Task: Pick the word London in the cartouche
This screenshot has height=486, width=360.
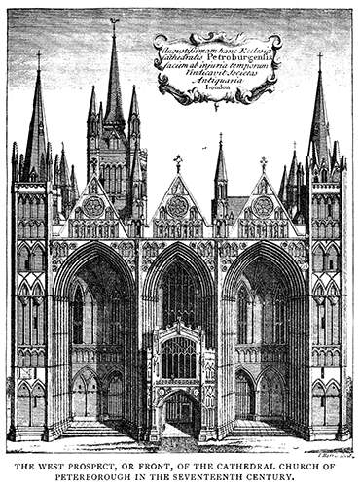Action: point(217,87)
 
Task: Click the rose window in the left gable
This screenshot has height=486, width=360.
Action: point(93,206)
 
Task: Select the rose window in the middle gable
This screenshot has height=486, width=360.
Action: point(178,206)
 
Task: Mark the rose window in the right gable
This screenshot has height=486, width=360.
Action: point(263,206)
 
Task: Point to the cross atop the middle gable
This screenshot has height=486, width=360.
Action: point(178,160)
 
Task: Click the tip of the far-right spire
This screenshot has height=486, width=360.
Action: point(319,56)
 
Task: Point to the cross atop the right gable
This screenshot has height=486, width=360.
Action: point(263,162)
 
